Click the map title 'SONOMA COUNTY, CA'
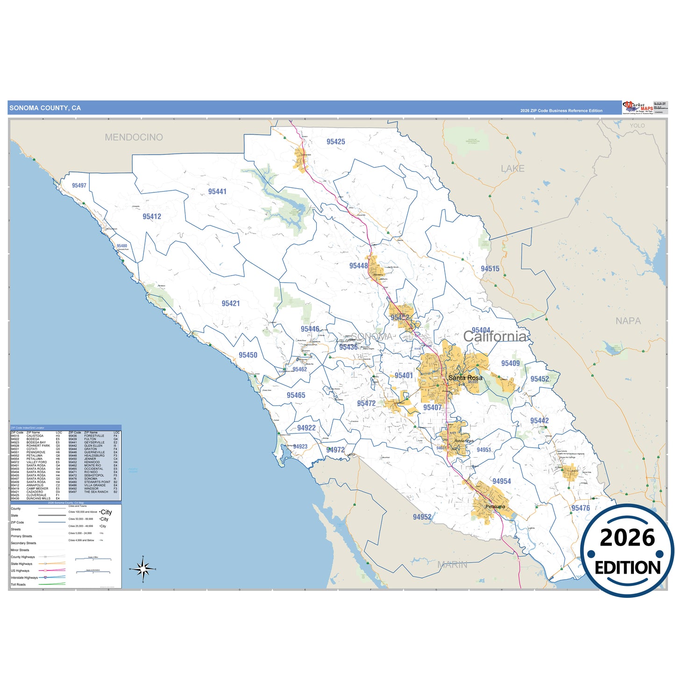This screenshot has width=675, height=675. [45, 108]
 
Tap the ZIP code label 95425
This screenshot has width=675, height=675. [335, 142]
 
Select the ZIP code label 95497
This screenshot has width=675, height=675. [79, 185]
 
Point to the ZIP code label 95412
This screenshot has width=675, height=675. [152, 216]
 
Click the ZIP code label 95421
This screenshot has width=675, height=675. [230, 303]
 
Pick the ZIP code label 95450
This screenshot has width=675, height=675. [248, 355]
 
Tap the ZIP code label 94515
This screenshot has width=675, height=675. [490, 269]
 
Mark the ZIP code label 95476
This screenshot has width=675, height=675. [580, 508]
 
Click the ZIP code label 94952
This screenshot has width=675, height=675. [422, 517]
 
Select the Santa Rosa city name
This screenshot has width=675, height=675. [465, 377]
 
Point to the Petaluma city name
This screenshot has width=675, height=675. [495, 506]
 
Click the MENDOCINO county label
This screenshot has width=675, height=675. [134, 137]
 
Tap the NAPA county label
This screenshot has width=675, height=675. [628, 321]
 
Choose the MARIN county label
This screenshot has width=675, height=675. [452, 565]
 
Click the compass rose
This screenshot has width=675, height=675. [143, 569]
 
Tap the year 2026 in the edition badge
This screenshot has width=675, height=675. [627, 538]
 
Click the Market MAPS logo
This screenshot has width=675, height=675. [638, 107]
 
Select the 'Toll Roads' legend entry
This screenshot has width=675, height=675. [18, 584]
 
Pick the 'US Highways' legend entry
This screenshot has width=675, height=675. [20, 571]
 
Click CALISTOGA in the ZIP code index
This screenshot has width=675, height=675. [35, 436]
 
